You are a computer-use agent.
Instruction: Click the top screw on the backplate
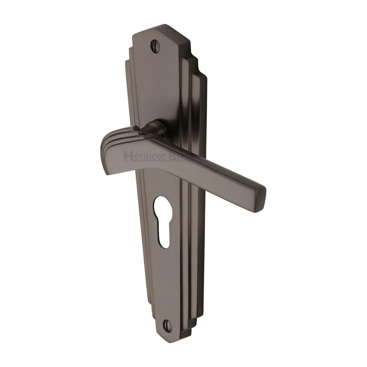155,46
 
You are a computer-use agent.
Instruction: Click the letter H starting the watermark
127,157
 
